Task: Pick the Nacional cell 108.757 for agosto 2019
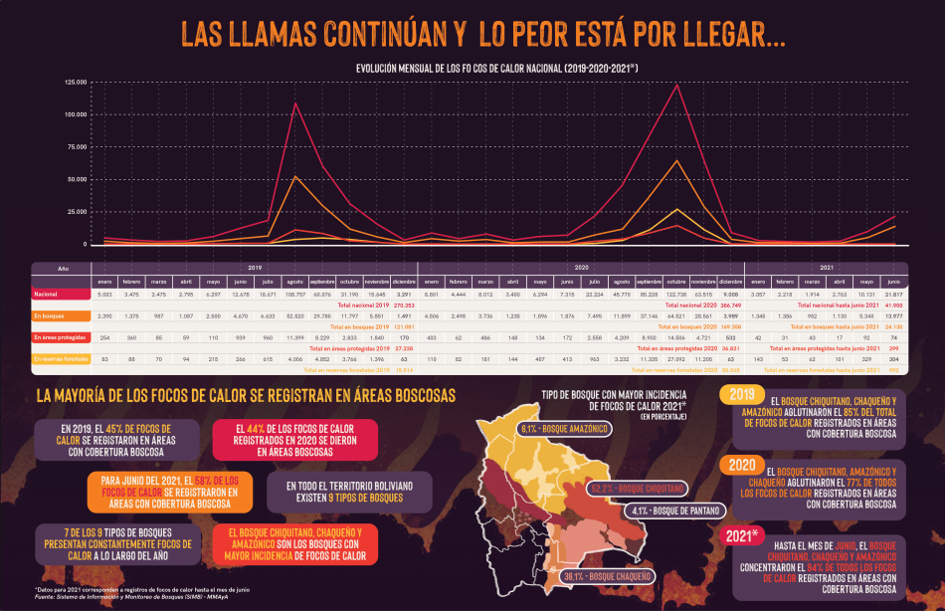click(295, 295)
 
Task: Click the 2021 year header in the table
click(827, 268)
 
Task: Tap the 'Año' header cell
click(62, 269)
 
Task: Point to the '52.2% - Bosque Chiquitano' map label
click(637, 489)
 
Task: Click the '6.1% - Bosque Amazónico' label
click(563, 429)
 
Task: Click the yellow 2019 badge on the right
click(741, 395)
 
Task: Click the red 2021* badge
click(744, 536)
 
